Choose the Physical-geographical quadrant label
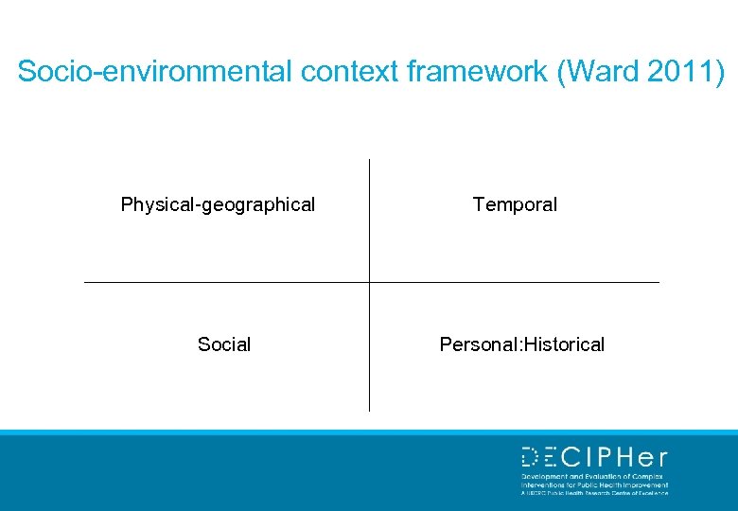click(x=218, y=204)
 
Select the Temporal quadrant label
click(x=515, y=204)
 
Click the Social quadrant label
click(x=224, y=344)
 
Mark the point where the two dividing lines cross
click(x=369, y=282)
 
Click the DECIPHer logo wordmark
click(x=594, y=458)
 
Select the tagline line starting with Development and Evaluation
click(x=593, y=477)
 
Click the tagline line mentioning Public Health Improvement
click(x=593, y=485)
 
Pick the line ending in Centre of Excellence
click(x=593, y=493)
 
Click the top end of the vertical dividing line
click(x=369, y=161)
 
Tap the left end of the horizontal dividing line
click(x=86, y=282)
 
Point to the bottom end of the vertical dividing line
click(x=369, y=409)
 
